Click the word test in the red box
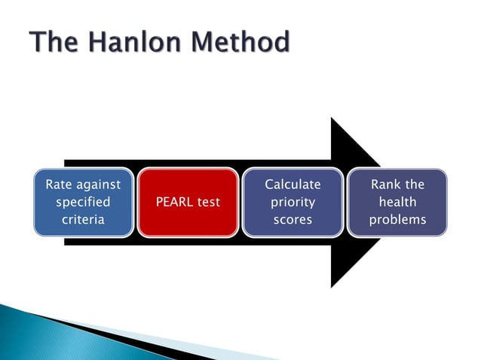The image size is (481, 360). (x=207, y=203)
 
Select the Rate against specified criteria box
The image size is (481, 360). (x=83, y=203)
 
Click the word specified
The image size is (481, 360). (x=83, y=203)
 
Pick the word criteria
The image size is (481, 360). (x=83, y=220)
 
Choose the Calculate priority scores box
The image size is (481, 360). (x=293, y=203)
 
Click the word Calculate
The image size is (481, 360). (x=293, y=185)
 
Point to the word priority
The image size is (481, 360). (x=293, y=203)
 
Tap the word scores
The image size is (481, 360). (x=293, y=220)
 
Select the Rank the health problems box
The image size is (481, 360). (x=397, y=203)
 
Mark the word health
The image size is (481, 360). (x=397, y=203)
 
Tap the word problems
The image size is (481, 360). (x=397, y=220)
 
